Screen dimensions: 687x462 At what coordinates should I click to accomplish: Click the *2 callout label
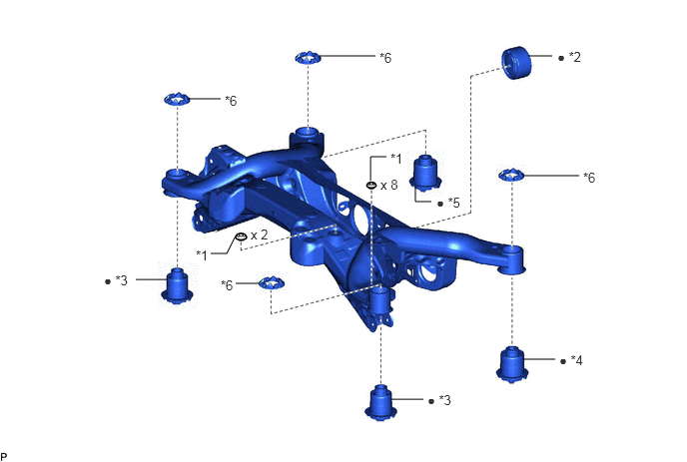coord(575,57)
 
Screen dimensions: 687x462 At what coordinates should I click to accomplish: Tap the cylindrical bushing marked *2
coord(516,62)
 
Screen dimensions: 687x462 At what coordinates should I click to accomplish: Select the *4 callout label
coord(577,360)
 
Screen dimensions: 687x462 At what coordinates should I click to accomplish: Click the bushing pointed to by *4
coord(512,364)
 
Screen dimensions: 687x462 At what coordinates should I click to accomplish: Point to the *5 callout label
coord(454,203)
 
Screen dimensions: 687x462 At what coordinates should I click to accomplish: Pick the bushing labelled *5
coord(425,173)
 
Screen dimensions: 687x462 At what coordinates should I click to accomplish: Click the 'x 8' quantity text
coord(389,186)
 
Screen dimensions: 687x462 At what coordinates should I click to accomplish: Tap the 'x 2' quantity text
coord(259,235)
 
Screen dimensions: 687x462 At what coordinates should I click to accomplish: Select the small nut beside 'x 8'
coord(371,186)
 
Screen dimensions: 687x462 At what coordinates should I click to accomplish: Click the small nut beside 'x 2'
coord(241,236)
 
